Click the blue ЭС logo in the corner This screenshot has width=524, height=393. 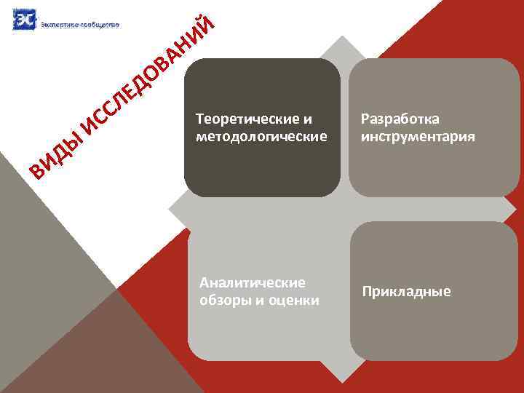(24, 20)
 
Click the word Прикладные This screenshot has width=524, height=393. (406, 292)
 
